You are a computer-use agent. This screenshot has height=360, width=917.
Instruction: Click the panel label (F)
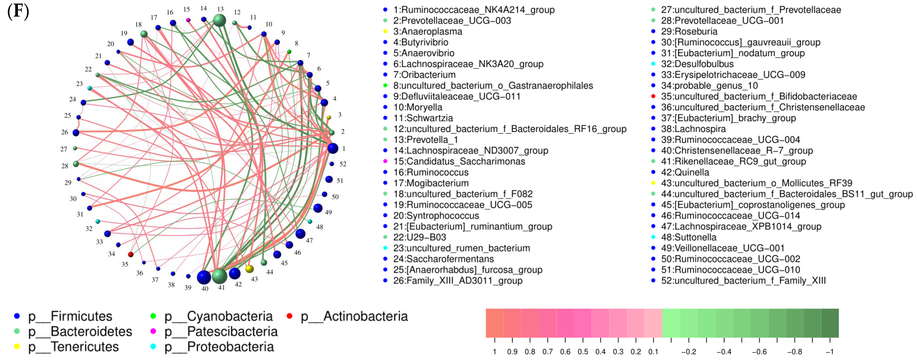(18, 11)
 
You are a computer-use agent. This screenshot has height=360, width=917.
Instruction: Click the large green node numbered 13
(219, 20)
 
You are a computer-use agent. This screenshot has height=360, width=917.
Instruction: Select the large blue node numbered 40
(204, 277)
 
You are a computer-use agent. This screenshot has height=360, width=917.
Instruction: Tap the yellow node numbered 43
(250, 269)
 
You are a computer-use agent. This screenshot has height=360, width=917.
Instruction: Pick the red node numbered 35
(131, 254)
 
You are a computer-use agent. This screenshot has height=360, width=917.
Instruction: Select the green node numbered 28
(76, 164)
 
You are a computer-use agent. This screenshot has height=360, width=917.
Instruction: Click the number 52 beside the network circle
(343, 164)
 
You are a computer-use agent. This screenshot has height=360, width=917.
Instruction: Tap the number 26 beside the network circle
(65, 132)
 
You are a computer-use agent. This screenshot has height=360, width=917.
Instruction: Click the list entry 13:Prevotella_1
(425, 140)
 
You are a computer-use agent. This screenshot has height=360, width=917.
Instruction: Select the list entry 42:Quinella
(685, 172)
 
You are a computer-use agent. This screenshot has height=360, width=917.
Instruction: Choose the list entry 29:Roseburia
(689, 31)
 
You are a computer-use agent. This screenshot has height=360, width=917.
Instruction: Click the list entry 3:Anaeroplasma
(427, 31)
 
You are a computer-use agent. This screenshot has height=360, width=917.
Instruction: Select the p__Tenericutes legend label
(73, 347)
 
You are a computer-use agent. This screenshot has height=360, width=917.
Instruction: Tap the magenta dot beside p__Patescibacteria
(153, 331)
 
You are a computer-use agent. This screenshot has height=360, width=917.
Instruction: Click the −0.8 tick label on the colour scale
(794, 352)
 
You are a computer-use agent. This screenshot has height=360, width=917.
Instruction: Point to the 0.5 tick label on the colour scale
(583, 352)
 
